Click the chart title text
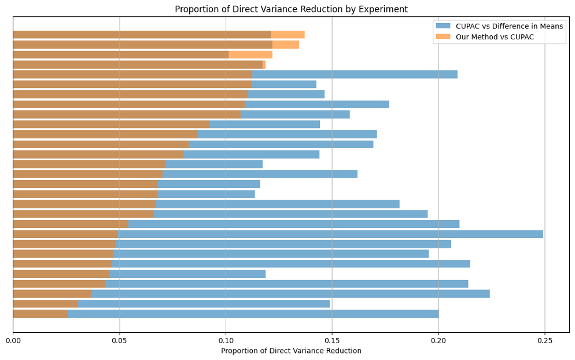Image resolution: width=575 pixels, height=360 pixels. (291, 9)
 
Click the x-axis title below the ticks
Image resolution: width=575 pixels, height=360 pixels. (291, 351)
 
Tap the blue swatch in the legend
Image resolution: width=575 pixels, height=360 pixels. (443, 26)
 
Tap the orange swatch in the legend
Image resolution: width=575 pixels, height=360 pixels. (443, 37)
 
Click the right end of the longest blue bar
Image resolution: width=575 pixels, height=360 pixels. (542, 234)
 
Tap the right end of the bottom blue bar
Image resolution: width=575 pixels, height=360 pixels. (437, 314)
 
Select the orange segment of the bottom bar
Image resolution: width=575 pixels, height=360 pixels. (40, 314)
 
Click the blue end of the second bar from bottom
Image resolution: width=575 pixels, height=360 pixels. (328, 304)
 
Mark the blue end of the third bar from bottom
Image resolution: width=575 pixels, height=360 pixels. (488, 293)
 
